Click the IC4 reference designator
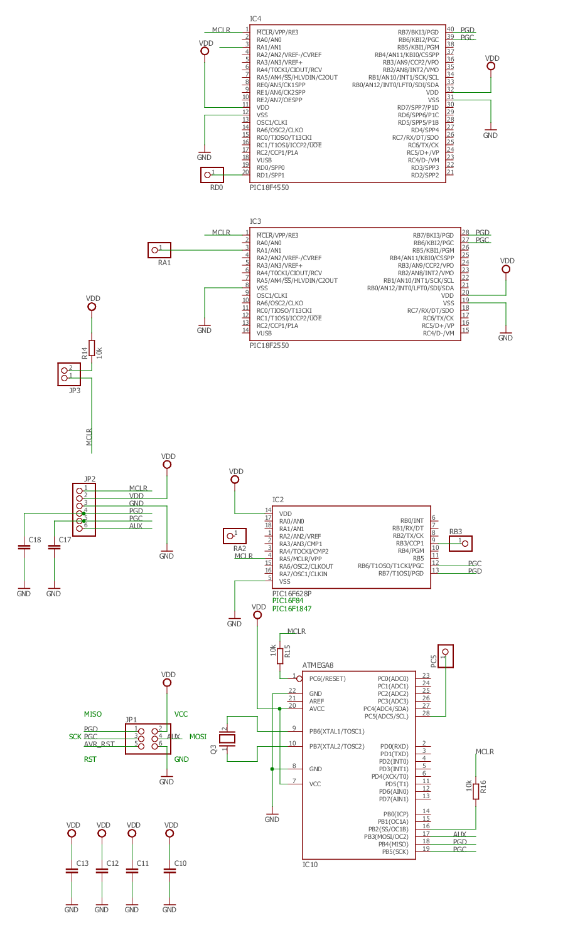point(255,19)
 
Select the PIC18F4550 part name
point(269,187)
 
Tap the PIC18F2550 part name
point(269,345)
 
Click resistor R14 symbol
point(92,348)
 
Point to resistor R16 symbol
point(475,791)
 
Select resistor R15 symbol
point(280,656)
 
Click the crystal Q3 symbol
point(227,739)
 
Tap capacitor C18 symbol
point(24,547)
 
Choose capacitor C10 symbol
point(169,872)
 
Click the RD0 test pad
point(212,175)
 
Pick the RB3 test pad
point(460,544)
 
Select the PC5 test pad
point(446,656)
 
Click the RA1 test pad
point(159,250)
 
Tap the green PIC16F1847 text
point(292,609)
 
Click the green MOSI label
point(198,737)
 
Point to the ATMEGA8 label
point(318,665)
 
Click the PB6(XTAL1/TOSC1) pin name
point(337,732)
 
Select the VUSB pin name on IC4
point(264,161)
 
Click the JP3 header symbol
point(68,374)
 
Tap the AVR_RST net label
point(99,744)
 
